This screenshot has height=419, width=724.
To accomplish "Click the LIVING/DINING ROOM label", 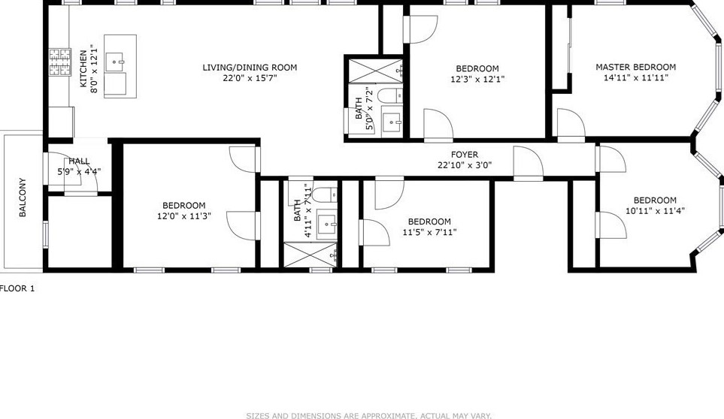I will [250, 68].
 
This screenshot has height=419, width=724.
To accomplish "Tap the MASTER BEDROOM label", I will [635, 67].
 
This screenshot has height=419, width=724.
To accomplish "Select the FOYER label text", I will [465, 155].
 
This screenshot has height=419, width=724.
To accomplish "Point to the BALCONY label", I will [23, 197].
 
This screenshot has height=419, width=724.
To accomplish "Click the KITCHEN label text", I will [83, 68].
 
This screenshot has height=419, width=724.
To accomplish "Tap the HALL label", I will [79, 161].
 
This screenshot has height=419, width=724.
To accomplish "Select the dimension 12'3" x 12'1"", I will [477, 79].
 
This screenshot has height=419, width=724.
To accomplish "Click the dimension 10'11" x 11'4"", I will [654, 211].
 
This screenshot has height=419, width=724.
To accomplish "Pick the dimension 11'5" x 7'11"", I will [429, 232].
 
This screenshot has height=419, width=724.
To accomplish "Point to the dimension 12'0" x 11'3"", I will [184, 216].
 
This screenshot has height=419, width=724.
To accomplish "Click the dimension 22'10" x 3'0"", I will [465, 166].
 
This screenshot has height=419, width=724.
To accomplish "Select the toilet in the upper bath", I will [389, 95].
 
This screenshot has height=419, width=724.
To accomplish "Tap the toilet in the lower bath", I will [321, 196].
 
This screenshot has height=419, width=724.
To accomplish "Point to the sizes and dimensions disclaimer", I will [368, 415].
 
